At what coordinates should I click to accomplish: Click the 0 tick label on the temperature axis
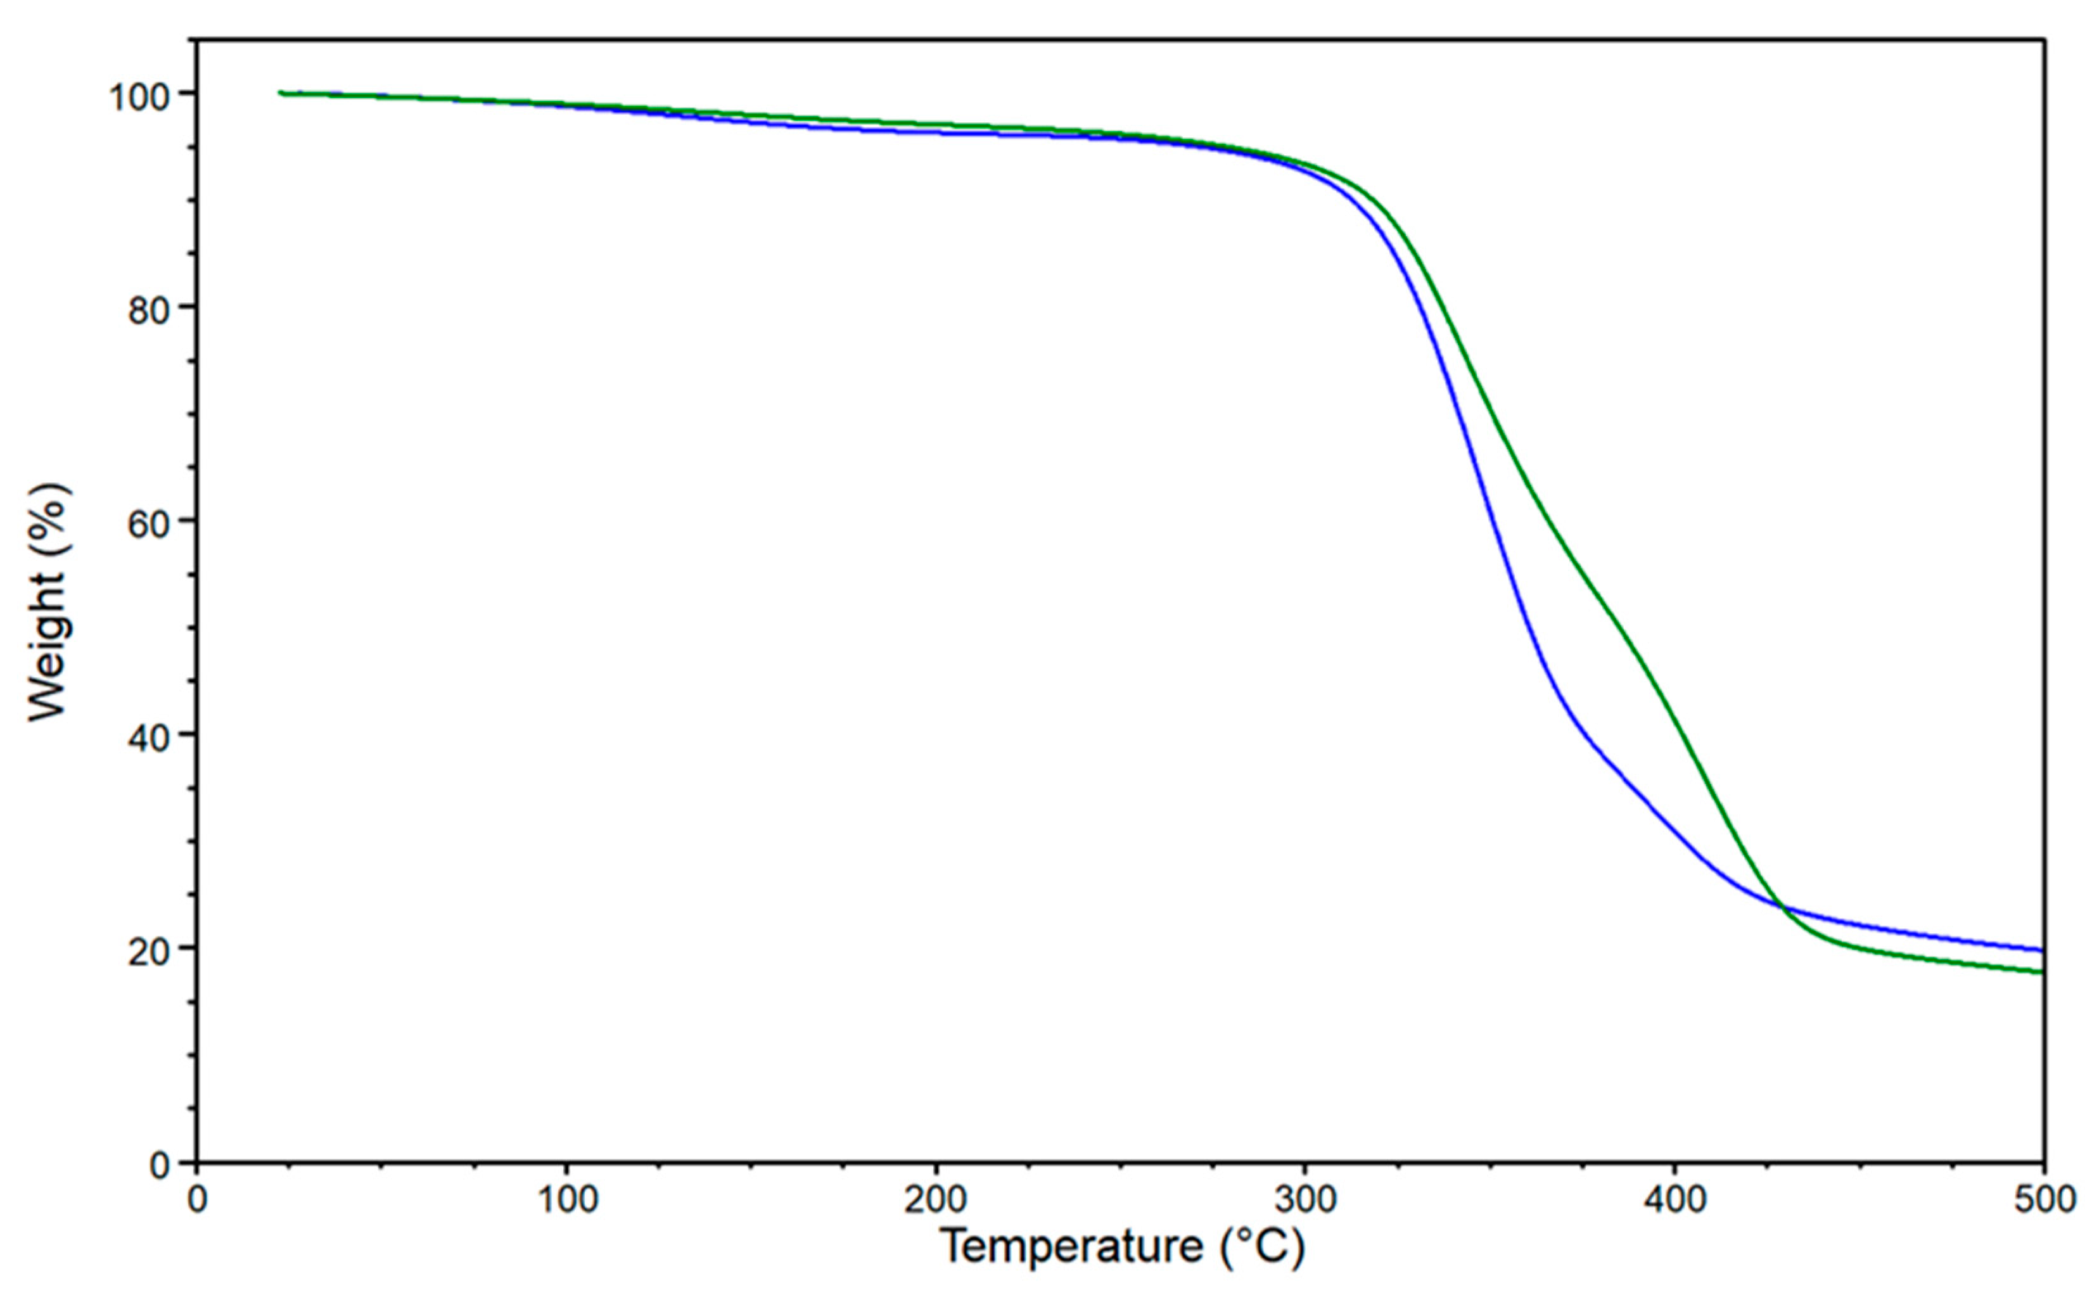197,1200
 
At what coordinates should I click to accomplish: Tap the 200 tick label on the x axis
935,1200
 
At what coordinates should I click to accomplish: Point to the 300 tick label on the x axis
1304,1200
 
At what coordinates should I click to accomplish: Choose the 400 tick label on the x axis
1674,1200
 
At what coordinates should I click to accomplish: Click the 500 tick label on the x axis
2043,1200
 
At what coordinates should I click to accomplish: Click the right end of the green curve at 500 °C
2041,971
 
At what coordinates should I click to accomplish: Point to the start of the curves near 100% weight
281,92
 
